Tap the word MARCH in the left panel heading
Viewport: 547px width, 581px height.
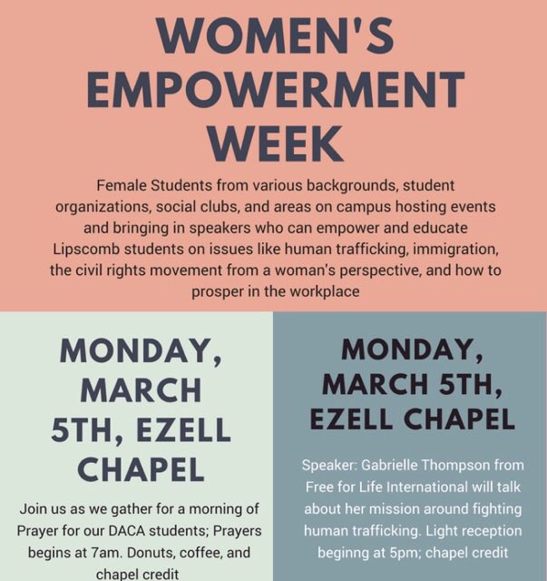click(141, 390)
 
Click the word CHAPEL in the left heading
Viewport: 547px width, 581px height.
click(141, 468)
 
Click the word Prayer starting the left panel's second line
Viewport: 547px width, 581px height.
click(49, 529)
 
